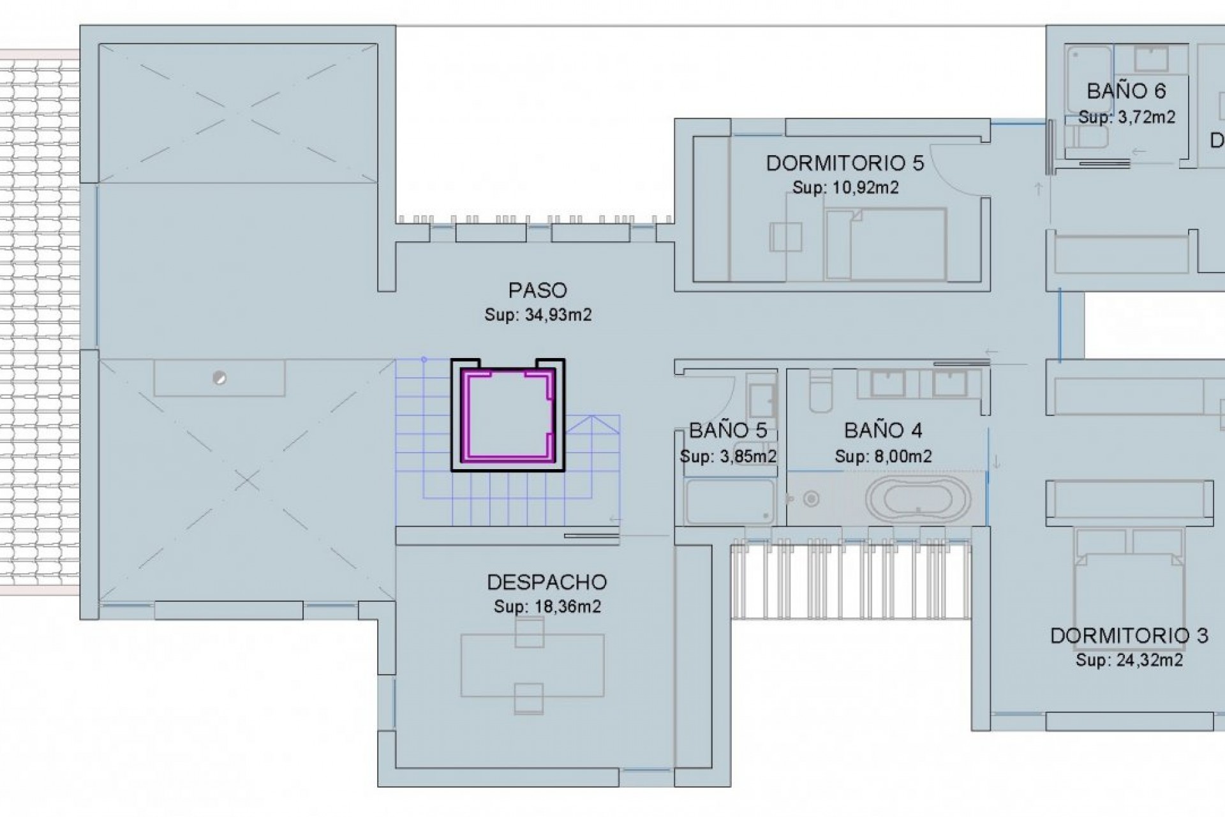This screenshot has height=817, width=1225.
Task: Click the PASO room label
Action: tap(538, 290)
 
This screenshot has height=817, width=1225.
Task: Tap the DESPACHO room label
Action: tap(547, 582)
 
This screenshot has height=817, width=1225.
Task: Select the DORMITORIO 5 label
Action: tap(845, 163)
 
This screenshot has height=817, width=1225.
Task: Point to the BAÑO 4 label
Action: tap(883, 431)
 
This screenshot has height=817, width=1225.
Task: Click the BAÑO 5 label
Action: tap(728, 431)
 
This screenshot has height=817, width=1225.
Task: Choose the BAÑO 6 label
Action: tap(1126, 91)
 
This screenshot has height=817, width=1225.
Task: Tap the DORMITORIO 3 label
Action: tap(1129, 636)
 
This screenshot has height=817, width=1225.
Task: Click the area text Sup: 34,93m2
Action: tap(538, 315)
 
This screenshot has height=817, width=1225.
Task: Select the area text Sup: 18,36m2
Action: tap(547, 606)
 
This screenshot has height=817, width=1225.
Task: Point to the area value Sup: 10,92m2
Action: tap(845, 188)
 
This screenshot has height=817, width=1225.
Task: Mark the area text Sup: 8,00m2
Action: tap(883, 456)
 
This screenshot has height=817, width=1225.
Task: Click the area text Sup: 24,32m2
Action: tap(1129, 660)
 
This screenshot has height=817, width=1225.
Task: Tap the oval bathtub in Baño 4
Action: tap(918, 498)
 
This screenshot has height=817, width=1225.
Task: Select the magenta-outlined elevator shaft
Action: tap(508, 416)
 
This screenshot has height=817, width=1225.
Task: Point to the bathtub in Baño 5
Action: tap(729, 501)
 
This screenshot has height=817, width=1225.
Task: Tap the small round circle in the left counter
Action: tap(219, 379)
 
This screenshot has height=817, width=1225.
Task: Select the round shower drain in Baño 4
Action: tap(812, 498)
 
